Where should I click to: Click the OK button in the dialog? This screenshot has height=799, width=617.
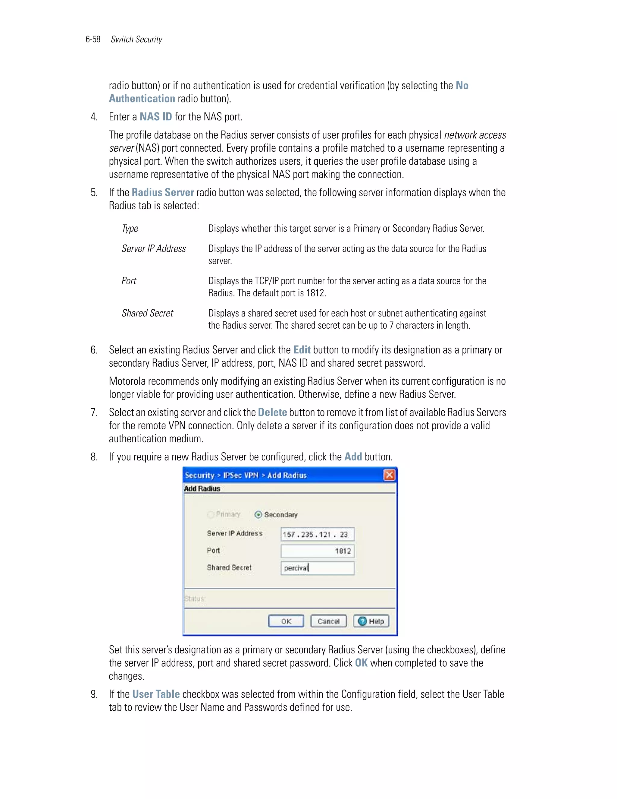(x=286, y=621)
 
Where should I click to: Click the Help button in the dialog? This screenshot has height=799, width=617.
(x=371, y=621)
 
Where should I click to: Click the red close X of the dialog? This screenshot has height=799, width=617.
(x=389, y=475)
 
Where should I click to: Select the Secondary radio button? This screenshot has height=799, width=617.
(x=258, y=515)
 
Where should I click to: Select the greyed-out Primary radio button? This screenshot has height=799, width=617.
(x=211, y=515)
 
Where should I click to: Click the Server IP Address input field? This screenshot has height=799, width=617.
(x=317, y=534)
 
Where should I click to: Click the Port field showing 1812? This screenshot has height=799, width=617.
(x=317, y=551)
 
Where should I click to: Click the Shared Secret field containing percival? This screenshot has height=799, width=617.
(x=317, y=568)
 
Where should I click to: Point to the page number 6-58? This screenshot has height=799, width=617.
(x=93, y=39)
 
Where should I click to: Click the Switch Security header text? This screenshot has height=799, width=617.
(x=136, y=39)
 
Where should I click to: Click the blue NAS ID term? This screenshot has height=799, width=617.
(x=156, y=117)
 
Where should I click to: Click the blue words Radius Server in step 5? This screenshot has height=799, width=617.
(x=163, y=192)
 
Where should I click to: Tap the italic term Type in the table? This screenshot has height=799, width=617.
(x=130, y=229)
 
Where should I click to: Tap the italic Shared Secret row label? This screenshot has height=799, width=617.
(x=147, y=313)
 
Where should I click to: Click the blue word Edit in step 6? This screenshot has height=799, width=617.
(x=302, y=350)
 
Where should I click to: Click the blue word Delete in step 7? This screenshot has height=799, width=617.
(x=272, y=412)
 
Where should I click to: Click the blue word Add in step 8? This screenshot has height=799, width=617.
(x=353, y=456)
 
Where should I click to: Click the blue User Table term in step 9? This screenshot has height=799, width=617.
(x=156, y=694)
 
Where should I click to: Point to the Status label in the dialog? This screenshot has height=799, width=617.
(x=195, y=599)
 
